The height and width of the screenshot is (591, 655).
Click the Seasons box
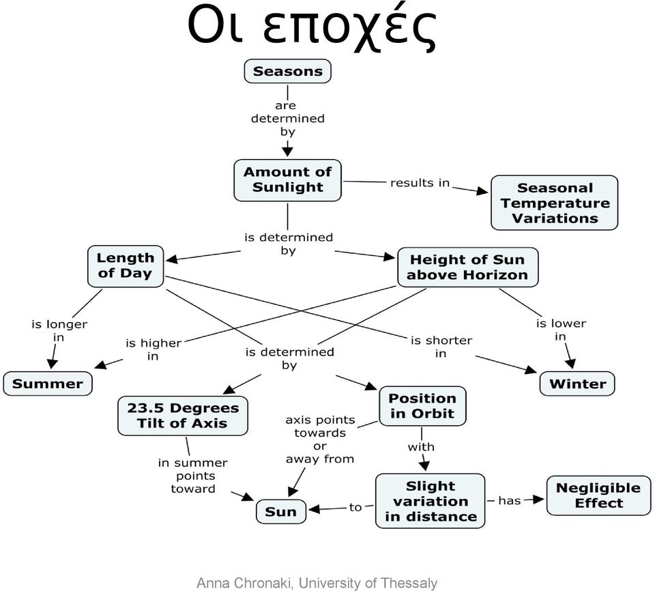(x=287, y=71)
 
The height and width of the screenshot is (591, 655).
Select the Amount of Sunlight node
(x=287, y=180)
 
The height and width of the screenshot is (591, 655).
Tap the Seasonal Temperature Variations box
(x=554, y=203)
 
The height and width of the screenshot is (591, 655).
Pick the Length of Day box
(x=126, y=266)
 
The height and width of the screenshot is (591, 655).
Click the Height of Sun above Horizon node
(x=467, y=267)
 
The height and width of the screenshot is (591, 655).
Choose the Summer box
(x=48, y=384)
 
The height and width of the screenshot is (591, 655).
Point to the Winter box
(x=577, y=384)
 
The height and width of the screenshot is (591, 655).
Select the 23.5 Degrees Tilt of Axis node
(x=183, y=416)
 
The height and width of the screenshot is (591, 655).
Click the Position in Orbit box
(x=422, y=406)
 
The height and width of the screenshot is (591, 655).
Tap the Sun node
(x=280, y=512)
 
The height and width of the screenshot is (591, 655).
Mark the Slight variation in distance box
(x=431, y=501)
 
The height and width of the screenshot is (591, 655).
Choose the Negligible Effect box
(x=598, y=495)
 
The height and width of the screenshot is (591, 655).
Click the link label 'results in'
(x=420, y=183)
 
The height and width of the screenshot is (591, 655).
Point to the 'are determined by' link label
(x=287, y=118)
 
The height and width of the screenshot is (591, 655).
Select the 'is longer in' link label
(x=59, y=330)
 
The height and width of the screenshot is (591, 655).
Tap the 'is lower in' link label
(x=561, y=330)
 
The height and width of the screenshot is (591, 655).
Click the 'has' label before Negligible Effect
(x=510, y=500)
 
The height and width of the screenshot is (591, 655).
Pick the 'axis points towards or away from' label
(x=320, y=439)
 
